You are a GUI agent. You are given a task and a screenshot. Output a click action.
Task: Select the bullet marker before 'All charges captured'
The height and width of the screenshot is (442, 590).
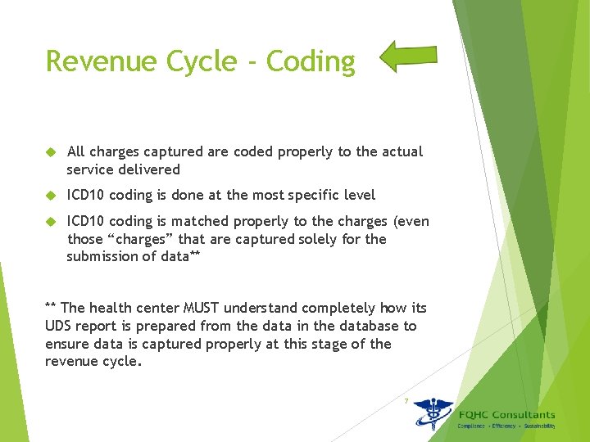pyautogui.click(x=50, y=152)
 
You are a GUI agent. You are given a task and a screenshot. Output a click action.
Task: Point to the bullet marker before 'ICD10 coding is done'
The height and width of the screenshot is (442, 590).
pyautogui.click(x=50, y=196)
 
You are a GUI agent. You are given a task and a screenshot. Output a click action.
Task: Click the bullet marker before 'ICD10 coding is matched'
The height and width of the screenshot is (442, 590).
pyautogui.click(x=50, y=222)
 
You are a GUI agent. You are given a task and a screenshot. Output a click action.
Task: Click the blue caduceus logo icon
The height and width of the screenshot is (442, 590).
pyautogui.click(x=432, y=414)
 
